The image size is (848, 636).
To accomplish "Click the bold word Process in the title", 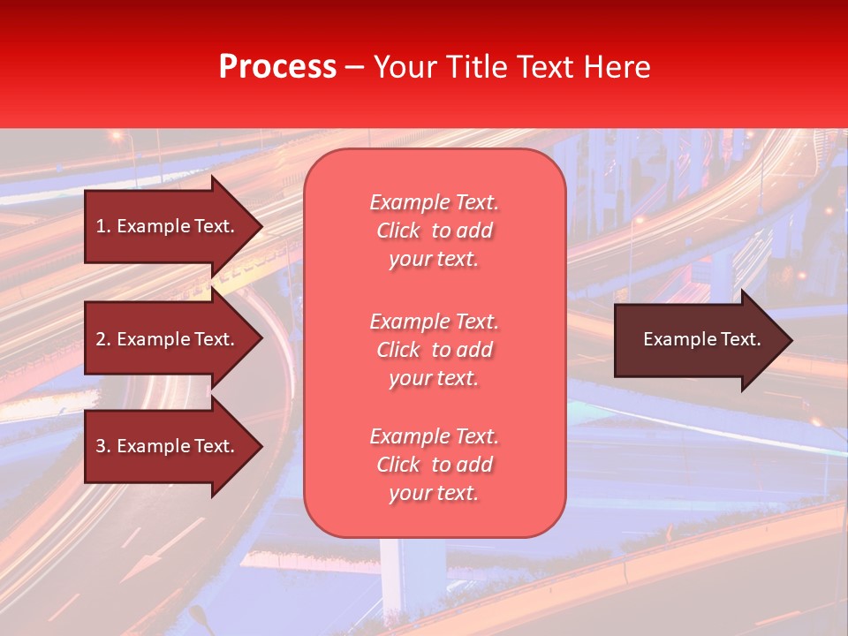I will pyautogui.click(x=277, y=67).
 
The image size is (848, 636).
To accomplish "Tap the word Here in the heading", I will pyautogui.click(x=617, y=67).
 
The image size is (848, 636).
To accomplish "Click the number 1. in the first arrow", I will pyautogui.click(x=103, y=226).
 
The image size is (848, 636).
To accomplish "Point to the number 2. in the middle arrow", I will pyautogui.click(x=103, y=339).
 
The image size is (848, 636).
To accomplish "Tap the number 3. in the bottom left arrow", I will pyautogui.click(x=103, y=446).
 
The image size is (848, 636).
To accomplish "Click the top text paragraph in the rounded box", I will pyautogui.click(x=434, y=231).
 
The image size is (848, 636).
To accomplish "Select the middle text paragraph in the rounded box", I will pyautogui.click(x=434, y=350).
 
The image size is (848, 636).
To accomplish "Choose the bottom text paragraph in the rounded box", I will pyautogui.click(x=434, y=465).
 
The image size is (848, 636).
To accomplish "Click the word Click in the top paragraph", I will pyautogui.click(x=397, y=231).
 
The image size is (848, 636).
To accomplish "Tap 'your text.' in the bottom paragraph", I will pyautogui.click(x=434, y=494).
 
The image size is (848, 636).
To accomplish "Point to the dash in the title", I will pyautogui.click(x=355, y=67).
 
